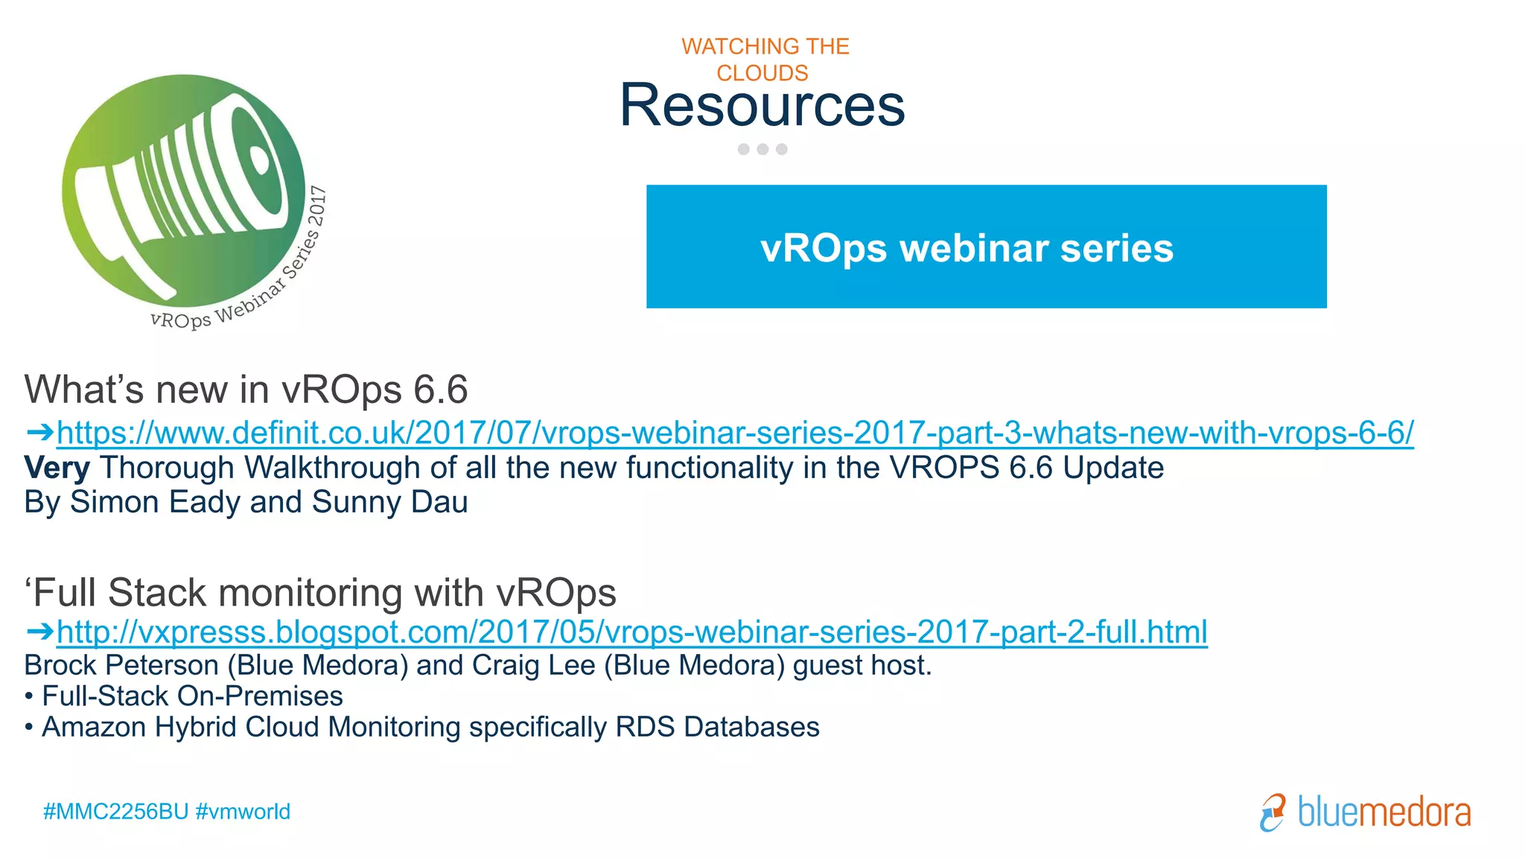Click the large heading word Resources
pos(762,105)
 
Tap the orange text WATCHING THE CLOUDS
pos(765,60)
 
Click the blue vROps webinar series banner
pos(986,247)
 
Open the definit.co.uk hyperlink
pos(735,433)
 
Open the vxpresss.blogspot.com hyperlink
pos(631,632)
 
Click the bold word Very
pos(57,468)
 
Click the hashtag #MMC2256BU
pos(115,811)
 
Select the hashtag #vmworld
pos(243,811)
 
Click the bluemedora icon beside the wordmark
pos(1273,813)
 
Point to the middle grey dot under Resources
pos(762,149)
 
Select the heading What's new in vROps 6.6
pos(246,390)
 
